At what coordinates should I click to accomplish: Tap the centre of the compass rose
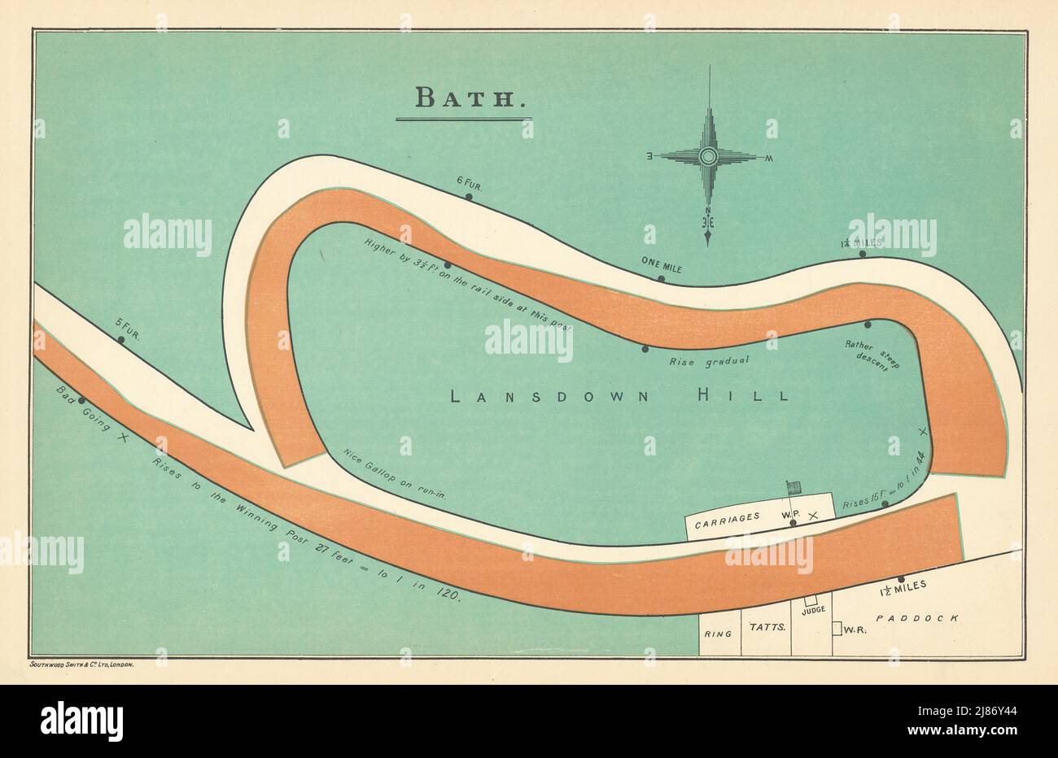[x=708, y=156]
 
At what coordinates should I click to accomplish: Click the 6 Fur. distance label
[x=470, y=186]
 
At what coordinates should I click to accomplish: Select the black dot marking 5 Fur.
[x=120, y=339]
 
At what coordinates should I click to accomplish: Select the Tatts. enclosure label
[x=767, y=627]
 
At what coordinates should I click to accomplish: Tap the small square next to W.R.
[x=836, y=629]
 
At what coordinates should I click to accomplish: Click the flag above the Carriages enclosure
[x=794, y=487]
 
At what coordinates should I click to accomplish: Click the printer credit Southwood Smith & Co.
[x=81, y=664]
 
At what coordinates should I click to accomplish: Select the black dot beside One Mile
[x=661, y=279]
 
